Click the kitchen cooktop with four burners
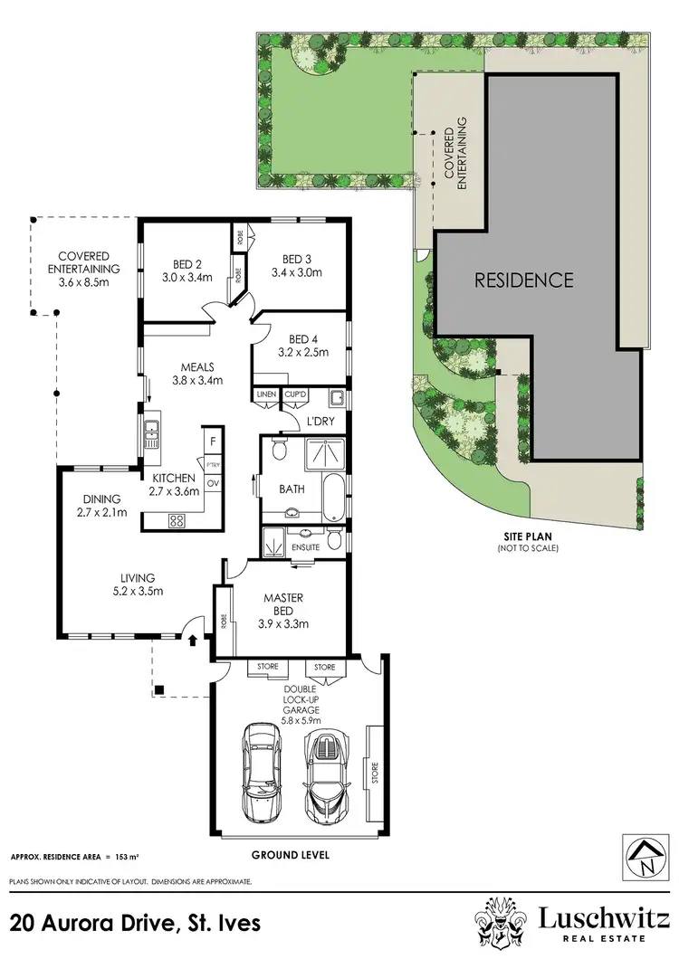click(x=176, y=520)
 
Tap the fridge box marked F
click(x=212, y=442)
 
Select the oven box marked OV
click(x=214, y=483)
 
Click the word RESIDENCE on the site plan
click(x=524, y=280)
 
